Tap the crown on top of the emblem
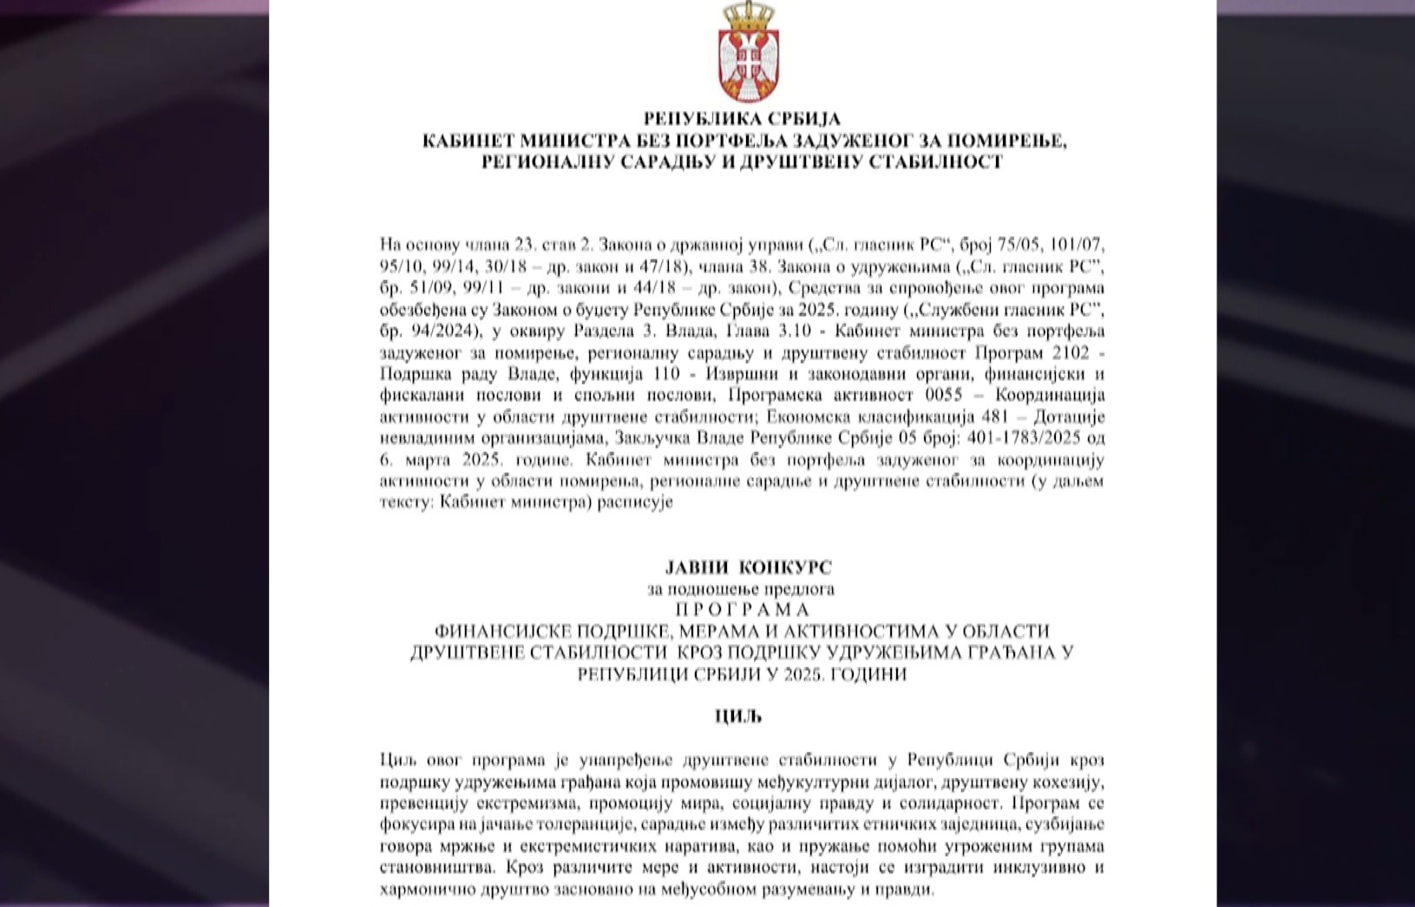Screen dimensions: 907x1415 pos(749,14)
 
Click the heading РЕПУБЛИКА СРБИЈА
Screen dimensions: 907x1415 pos(742,119)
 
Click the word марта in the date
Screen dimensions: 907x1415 pos(426,459)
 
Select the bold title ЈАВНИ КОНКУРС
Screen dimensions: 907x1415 pos(748,568)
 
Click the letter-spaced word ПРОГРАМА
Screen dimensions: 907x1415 pos(742,609)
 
